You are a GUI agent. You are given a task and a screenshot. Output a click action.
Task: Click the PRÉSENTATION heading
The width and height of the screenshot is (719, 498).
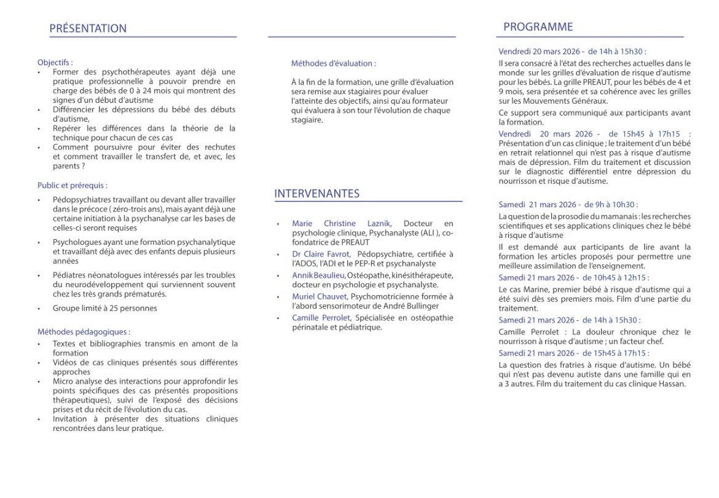pyautogui.click(x=88, y=28)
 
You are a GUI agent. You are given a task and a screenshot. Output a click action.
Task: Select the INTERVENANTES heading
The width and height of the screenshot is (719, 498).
pyautogui.click(x=317, y=194)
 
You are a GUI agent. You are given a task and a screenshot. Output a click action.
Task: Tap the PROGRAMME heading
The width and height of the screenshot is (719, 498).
pyautogui.click(x=538, y=27)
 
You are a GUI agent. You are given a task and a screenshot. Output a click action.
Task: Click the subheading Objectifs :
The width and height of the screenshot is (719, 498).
pyautogui.click(x=55, y=62)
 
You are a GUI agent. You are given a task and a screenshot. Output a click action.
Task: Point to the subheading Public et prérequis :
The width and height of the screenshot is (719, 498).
pyautogui.click(x=73, y=185)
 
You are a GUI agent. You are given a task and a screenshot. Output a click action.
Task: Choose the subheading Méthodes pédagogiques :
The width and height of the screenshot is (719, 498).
pyautogui.click(x=84, y=332)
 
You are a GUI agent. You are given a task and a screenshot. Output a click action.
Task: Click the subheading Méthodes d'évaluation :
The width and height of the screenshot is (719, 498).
pyautogui.click(x=334, y=63)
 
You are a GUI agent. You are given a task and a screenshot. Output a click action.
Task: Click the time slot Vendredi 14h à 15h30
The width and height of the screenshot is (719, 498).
pyautogui.click(x=572, y=52)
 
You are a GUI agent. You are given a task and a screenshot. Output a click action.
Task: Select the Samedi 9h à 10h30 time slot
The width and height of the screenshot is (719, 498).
pyautogui.click(x=568, y=204)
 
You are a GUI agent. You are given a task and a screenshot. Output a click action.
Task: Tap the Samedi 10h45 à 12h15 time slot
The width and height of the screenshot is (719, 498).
pyautogui.click(x=573, y=278)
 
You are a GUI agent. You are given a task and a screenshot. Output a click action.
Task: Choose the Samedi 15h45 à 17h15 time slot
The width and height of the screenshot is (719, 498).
pyautogui.click(x=573, y=353)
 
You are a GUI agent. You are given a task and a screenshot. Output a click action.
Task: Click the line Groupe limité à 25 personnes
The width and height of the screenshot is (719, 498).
pyautogui.click(x=104, y=308)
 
